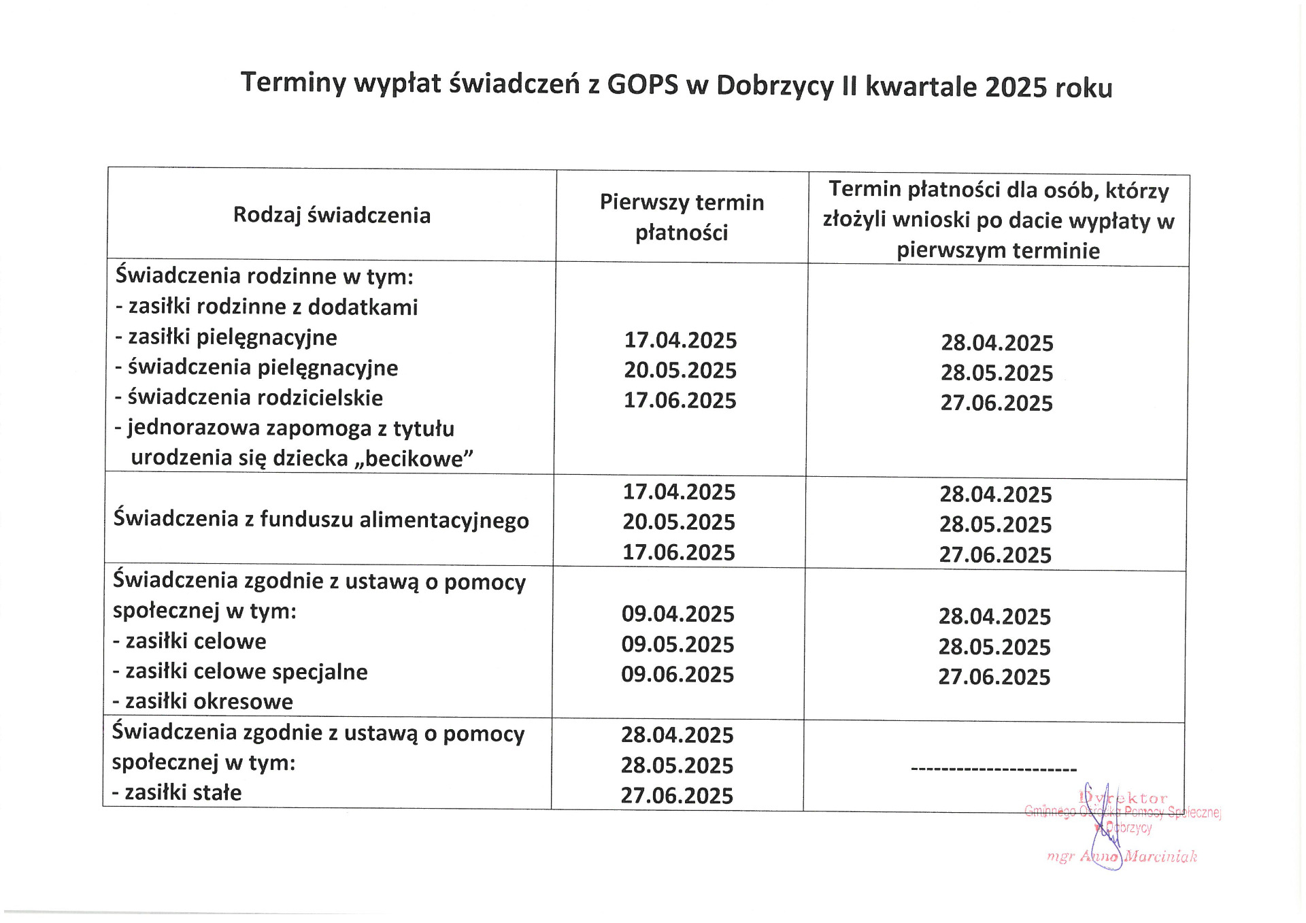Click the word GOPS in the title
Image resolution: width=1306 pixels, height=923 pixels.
point(642,85)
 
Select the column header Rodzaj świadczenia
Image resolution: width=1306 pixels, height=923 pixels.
point(332,215)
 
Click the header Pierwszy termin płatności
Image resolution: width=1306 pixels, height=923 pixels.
point(682,217)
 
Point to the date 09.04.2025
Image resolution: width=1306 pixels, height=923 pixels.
point(677,614)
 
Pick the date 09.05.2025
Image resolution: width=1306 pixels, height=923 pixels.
point(677,644)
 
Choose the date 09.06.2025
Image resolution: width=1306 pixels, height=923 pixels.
point(677,674)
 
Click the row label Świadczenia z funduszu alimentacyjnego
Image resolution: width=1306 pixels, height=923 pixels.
point(321,520)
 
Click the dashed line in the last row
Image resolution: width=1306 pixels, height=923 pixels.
point(993,770)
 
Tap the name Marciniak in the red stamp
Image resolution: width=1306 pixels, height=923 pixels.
point(1160,857)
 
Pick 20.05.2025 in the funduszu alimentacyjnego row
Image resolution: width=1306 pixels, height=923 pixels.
point(679,522)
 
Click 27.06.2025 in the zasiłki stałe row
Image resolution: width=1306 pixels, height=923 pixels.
point(677,795)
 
